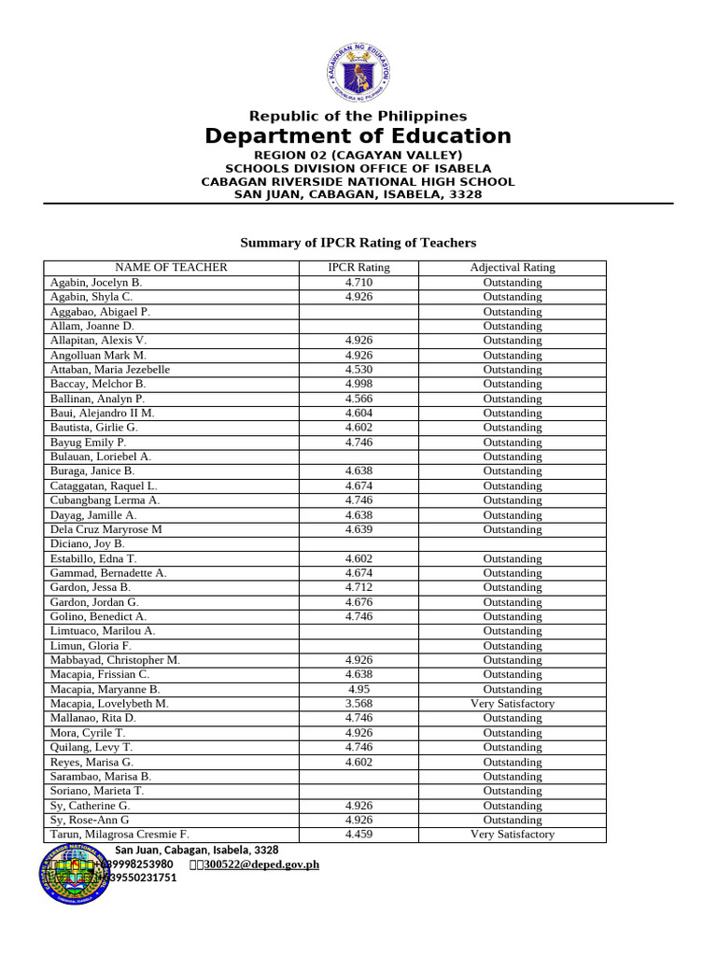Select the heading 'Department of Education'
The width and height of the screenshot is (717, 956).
[358, 136]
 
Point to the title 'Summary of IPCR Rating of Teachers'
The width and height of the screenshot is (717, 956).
[358, 243]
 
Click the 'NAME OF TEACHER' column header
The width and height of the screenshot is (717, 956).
[171, 268]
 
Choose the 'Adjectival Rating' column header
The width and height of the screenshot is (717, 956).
[512, 268]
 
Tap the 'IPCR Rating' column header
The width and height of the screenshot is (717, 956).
[358, 268]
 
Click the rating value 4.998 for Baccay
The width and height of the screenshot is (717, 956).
[358, 384]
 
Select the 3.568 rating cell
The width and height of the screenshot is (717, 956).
[358, 704]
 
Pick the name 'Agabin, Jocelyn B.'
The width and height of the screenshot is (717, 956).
[96, 282]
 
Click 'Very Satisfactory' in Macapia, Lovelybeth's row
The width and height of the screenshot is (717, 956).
[512, 704]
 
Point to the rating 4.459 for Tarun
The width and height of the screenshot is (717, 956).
[358, 835]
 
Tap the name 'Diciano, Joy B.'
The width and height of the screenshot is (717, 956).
[87, 543]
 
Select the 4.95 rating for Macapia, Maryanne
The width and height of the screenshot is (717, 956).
[358, 689]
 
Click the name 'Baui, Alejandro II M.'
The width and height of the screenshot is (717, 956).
[103, 413]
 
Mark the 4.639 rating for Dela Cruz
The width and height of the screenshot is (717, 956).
[358, 529]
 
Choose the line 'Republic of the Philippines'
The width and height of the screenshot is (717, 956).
[358, 117]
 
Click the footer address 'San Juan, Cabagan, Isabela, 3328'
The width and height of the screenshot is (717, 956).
[196, 851]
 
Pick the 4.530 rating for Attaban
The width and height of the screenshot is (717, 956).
[358, 370]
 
